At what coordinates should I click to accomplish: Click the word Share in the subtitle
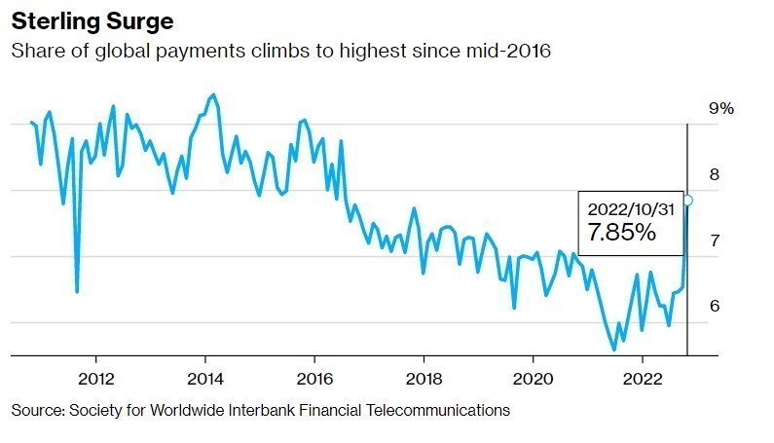click(35, 51)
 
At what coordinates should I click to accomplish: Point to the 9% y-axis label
click(720, 108)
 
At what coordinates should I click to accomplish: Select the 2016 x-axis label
click(313, 377)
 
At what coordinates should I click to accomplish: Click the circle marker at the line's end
click(687, 201)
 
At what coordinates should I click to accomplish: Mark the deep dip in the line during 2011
click(77, 290)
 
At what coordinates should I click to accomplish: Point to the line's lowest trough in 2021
click(614, 349)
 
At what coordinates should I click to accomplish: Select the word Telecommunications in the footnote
click(442, 410)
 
